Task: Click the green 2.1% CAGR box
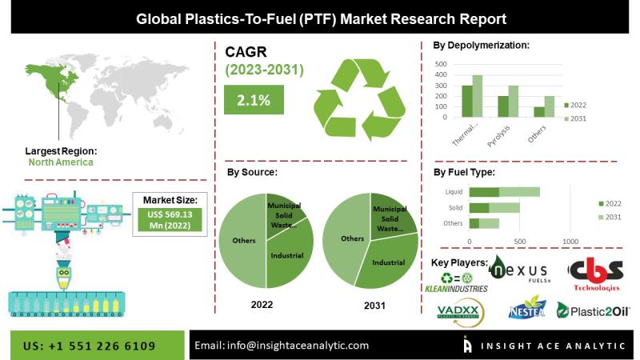tap(253, 101)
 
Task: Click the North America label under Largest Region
tap(61, 162)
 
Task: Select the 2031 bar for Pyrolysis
tap(513, 102)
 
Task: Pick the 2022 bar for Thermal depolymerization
tap(467, 102)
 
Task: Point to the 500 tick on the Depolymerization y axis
tap(440, 63)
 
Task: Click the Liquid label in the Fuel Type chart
tap(454, 192)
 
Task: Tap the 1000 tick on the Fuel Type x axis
tap(570, 241)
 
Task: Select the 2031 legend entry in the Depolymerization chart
tap(585, 119)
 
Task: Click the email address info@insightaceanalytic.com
tap(282, 346)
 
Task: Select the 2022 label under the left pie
tap(262, 305)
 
